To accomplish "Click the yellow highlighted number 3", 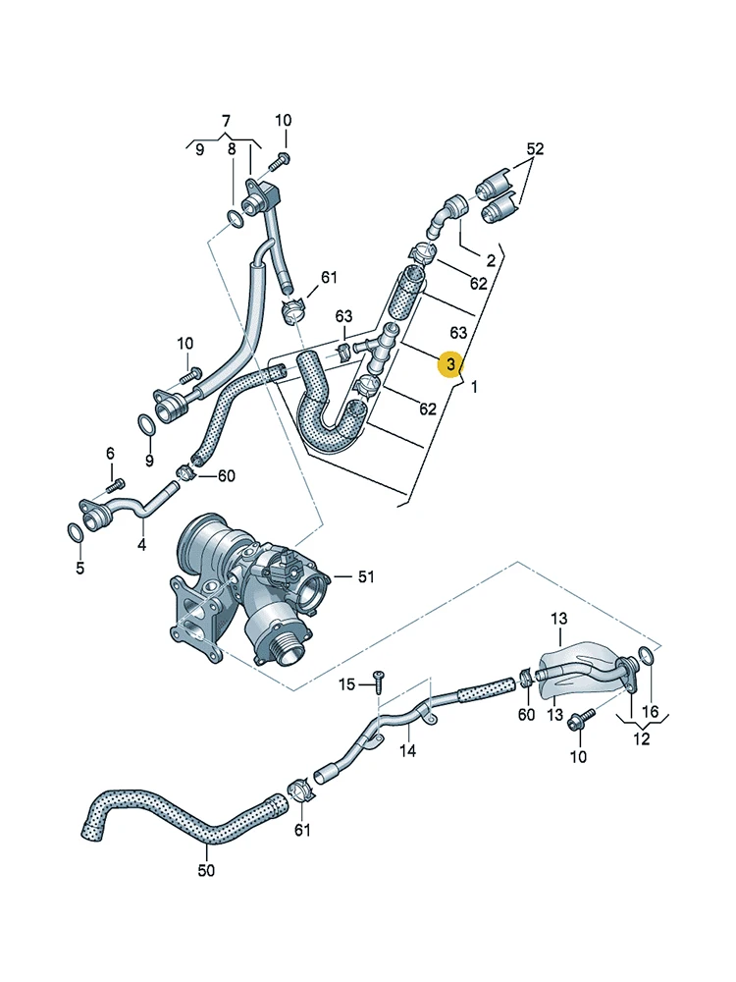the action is tap(450, 364).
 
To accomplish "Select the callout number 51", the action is tap(365, 576).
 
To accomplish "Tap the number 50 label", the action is tap(206, 870).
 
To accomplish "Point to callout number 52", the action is tap(535, 149).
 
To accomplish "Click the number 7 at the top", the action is tap(226, 121).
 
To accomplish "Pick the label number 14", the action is tap(407, 750).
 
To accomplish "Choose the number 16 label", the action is tap(651, 711).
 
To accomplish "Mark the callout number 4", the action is tap(142, 545).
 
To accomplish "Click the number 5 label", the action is tap(80, 568).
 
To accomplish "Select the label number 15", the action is tap(347, 684).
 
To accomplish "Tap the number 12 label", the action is tap(642, 739).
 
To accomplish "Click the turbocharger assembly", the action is tap(250, 592).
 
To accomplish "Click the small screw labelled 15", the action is tap(379, 681).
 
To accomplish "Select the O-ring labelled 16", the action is tap(646, 656).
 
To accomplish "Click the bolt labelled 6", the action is tap(115, 485).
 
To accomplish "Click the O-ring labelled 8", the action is tap(235, 219).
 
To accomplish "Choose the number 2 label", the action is tap(491, 260).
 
